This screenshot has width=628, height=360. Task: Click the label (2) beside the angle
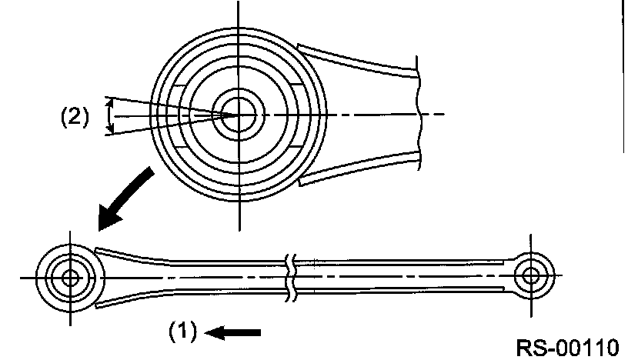coord(75,116)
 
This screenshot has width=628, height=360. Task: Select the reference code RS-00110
coord(566,346)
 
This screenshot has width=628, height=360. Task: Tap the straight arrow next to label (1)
coord(235,332)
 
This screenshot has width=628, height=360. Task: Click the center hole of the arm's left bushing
coord(71,277)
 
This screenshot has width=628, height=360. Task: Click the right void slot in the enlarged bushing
coord(301,115)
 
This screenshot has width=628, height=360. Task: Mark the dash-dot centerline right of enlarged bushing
coord(369,115)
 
